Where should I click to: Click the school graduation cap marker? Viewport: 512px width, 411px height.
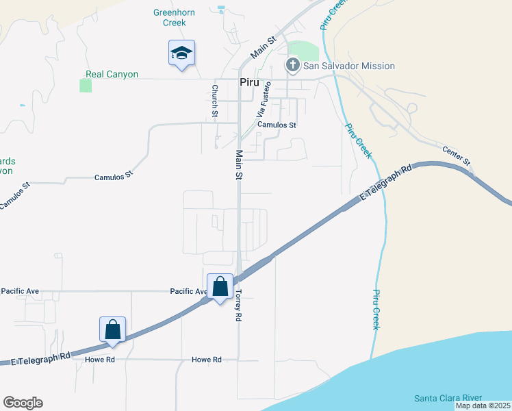click(x=181, y=53)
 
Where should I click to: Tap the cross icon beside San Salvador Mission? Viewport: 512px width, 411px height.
click(x=293, y=66)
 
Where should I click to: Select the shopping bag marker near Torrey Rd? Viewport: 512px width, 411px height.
click(x=220, y=287)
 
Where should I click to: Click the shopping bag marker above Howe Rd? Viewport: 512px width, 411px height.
click(x=113, y=329)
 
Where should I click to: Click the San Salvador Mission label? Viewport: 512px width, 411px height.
click(x=349, y=66)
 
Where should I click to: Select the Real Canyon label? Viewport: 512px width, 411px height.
click(x=112, y=74)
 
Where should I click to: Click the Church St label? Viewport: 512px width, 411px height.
click(x=215, y=100)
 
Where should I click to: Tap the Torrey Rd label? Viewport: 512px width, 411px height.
click(x=238, y=304)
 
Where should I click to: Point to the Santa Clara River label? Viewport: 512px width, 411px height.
click(x=448, y=398)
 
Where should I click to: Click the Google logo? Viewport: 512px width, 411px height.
click(x=23, y=403)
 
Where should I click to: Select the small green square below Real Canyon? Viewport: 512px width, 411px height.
click(x=86, y=86)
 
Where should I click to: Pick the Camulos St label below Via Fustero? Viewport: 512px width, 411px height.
click(x=277, y=125)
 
